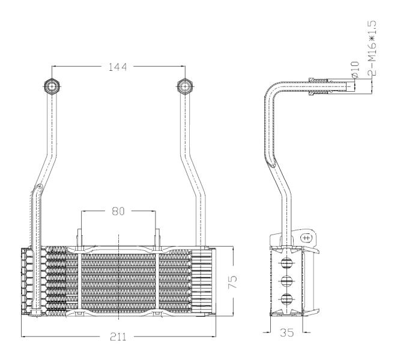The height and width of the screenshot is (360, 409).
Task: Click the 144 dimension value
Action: (118, 67)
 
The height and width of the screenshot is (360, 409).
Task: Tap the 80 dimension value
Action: (118, 211)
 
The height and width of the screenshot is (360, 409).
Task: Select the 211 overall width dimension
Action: (118, 337)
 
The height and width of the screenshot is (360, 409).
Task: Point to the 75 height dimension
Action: (232, 282)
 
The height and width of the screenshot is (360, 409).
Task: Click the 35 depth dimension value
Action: (287, 332)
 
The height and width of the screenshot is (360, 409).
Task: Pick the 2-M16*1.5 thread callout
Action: (372, 49)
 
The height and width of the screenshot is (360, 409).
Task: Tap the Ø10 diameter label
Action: (356, 70)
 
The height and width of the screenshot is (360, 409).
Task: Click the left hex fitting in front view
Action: (52, 86)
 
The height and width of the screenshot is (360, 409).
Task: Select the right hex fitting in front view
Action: (185, 86)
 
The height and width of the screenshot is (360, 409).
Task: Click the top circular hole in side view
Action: (286, 263)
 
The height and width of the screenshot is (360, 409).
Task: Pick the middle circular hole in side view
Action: (286, 281)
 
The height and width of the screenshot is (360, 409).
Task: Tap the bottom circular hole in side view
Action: (286, 299)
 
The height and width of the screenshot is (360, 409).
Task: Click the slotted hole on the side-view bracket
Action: (306, 238)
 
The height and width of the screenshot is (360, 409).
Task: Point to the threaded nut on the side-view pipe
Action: (318, 86)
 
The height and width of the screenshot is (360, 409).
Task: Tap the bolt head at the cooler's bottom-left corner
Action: (35, 313)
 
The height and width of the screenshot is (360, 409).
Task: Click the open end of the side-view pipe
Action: (355, 86)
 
